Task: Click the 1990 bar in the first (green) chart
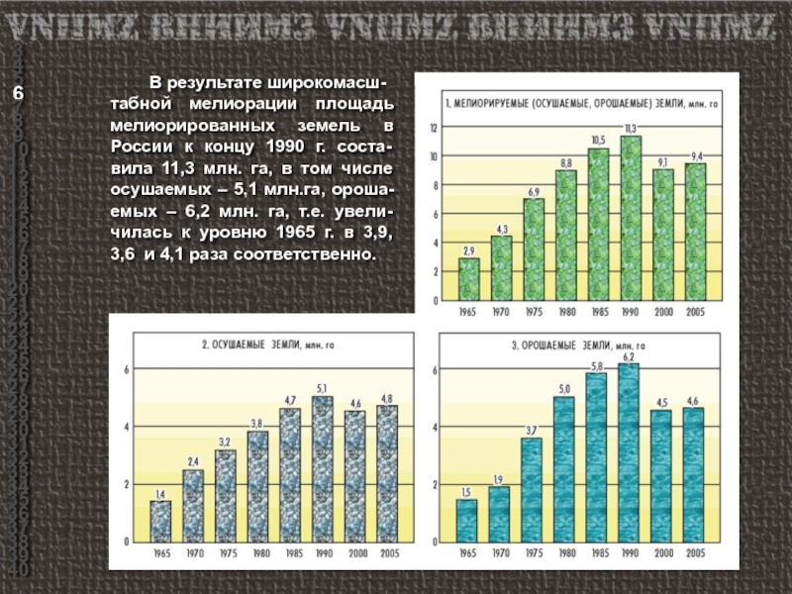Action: click(x=631, y=219)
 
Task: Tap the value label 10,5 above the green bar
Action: click(x=598, y=141)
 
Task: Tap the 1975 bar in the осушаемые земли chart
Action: click(x=226, y=495)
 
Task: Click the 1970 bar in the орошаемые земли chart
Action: click(x=499, y=514)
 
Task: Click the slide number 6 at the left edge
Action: click(x=18, y=93)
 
